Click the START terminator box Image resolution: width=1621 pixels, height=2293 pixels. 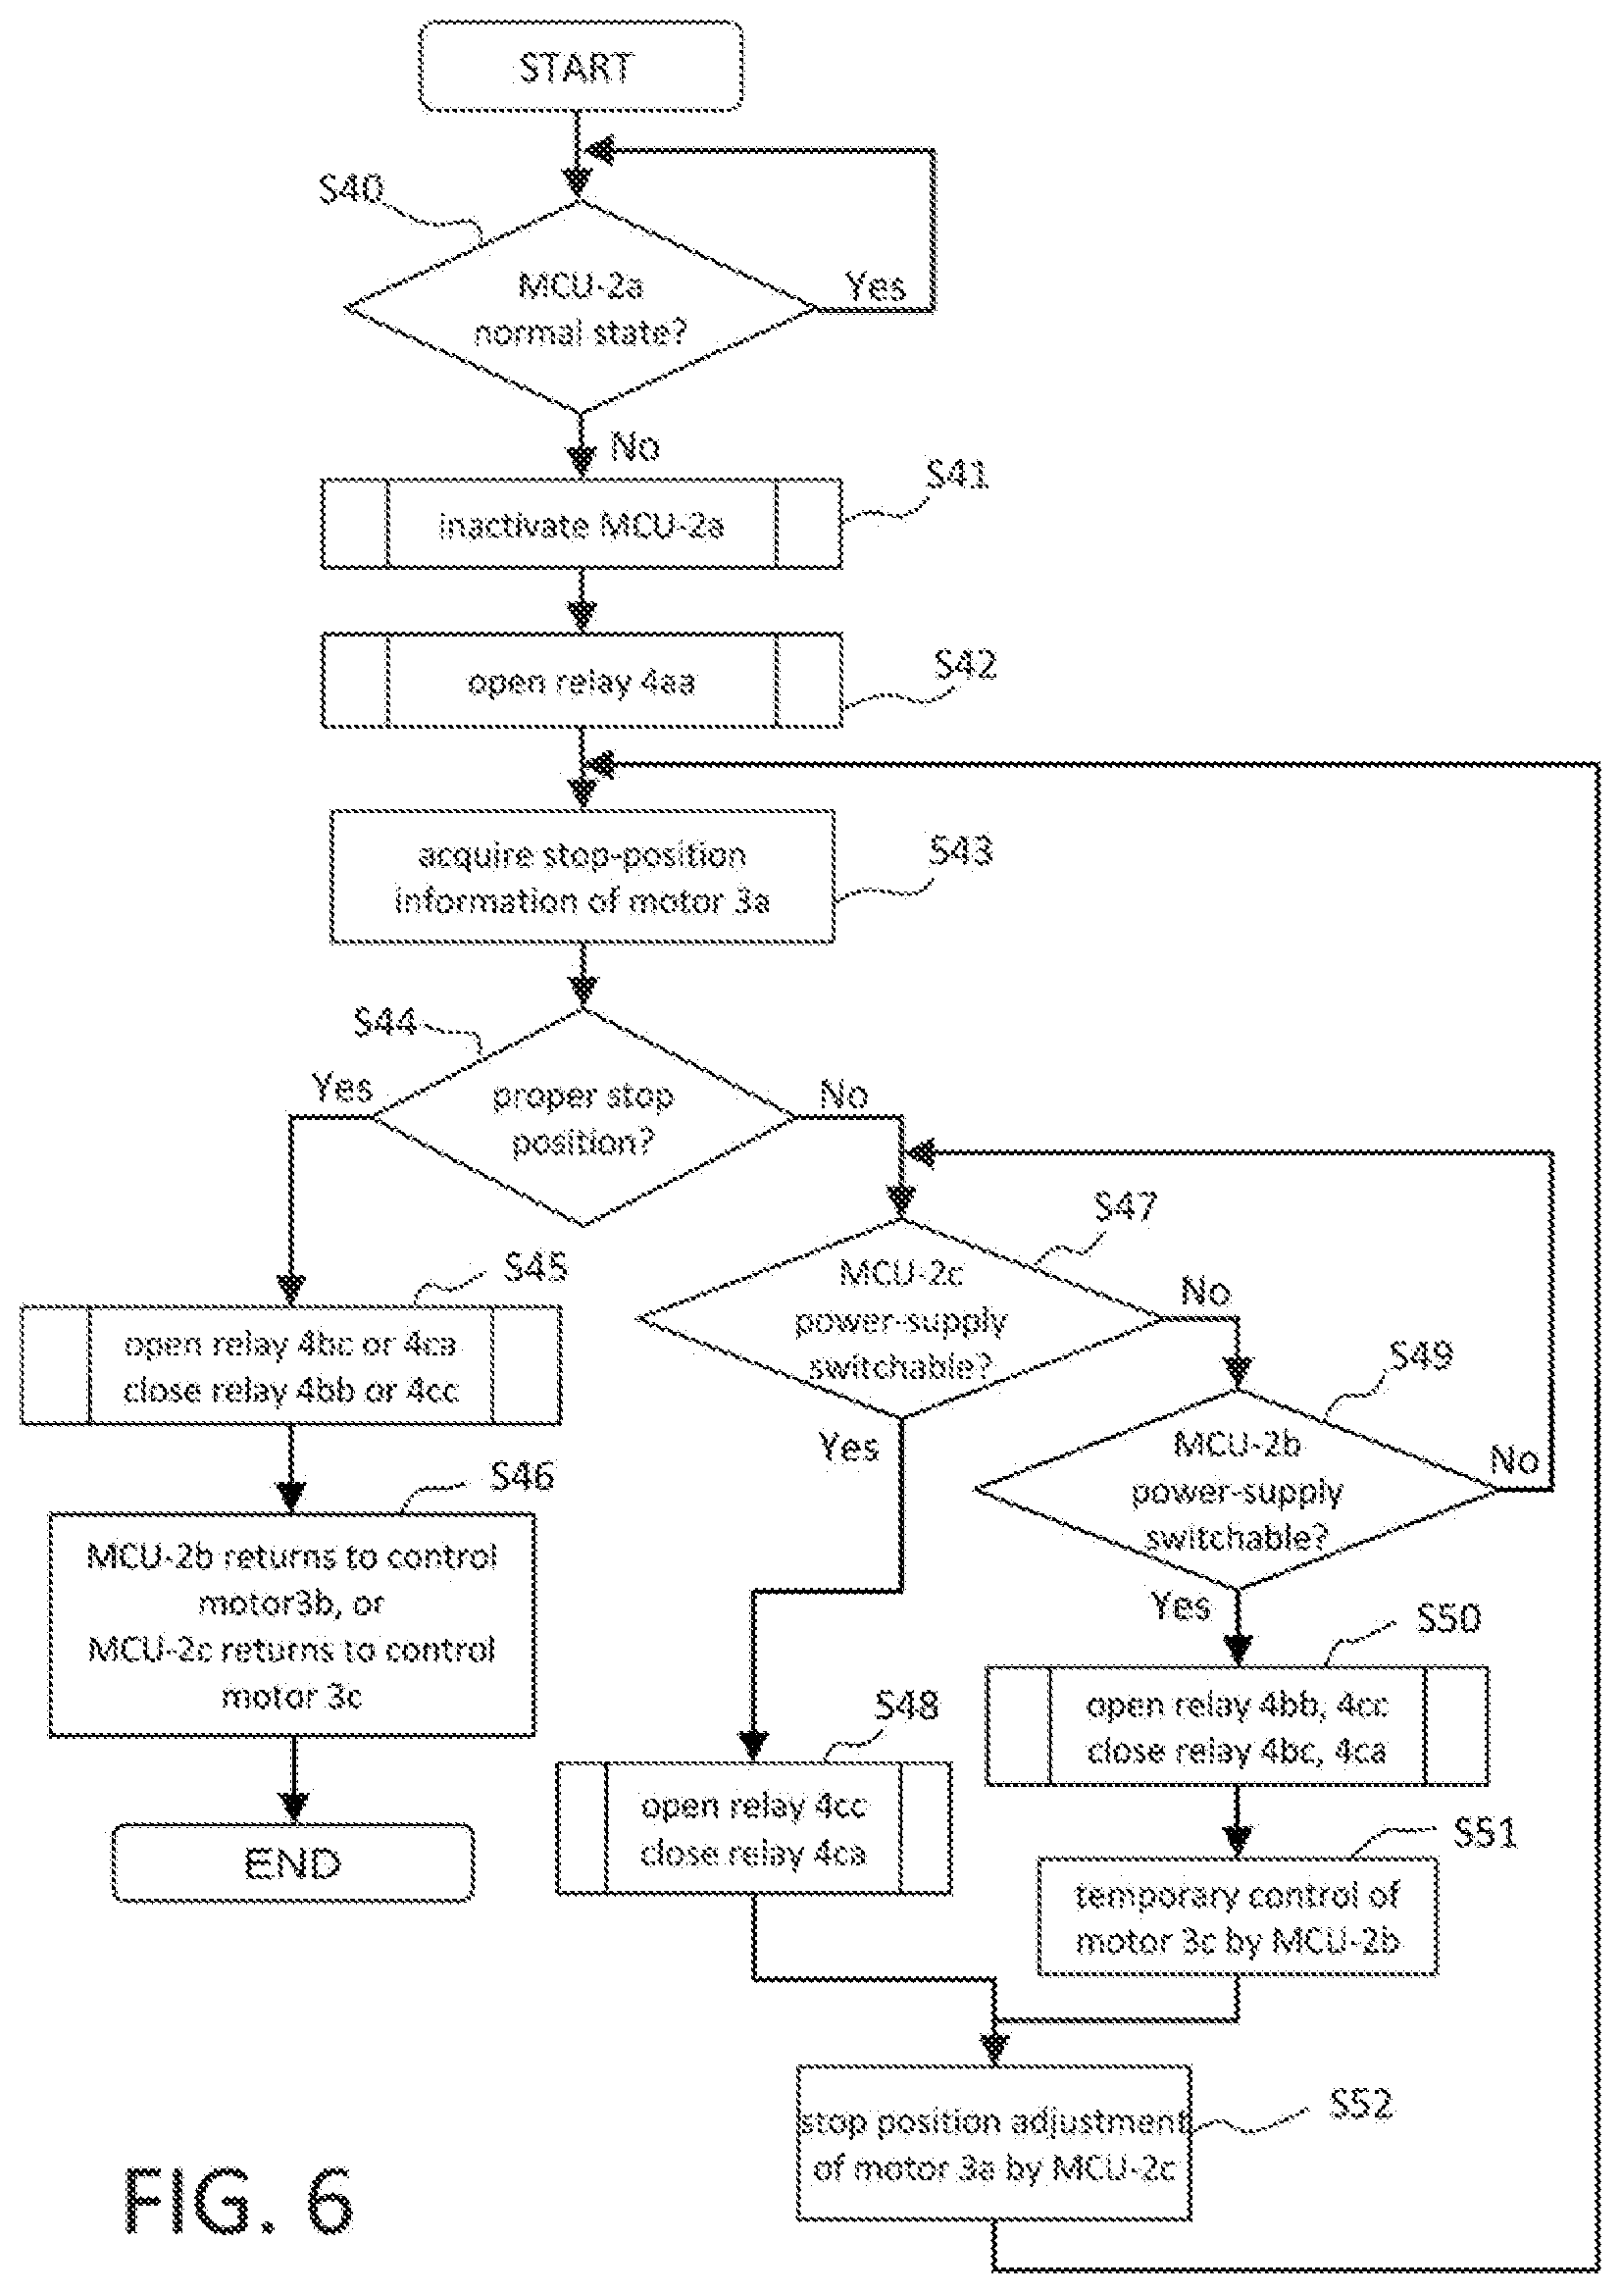coord(581,66)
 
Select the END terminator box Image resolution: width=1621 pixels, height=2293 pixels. coord(292,1862)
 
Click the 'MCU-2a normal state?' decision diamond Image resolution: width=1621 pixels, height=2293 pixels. coord(581,308)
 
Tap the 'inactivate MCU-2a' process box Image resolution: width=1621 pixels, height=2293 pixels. coord(582,525)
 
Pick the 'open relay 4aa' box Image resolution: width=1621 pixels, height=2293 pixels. coord(582,681)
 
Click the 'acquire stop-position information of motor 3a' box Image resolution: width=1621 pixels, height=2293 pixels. coord(583,877)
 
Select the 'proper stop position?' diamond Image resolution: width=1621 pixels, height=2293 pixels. coord(583,1117)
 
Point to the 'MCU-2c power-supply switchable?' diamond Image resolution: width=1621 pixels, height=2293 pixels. coord(901,1318)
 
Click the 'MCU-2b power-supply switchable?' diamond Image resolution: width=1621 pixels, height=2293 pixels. coord(1237,1489)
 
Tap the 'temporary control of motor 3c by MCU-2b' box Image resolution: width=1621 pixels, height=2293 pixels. coord(1238,1916)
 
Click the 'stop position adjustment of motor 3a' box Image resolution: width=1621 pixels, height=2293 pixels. coord(993,2143)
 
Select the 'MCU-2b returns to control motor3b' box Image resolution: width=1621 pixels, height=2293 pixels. coord(291,1626)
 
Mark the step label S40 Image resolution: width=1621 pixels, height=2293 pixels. coord(352,187)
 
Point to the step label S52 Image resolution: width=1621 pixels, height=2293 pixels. coord(1360,2104)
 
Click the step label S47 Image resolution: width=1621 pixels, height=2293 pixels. coord(1126,1206)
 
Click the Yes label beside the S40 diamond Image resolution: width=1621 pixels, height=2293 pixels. coord(875,286)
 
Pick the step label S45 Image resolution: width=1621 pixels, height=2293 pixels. coord(535,1268)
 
